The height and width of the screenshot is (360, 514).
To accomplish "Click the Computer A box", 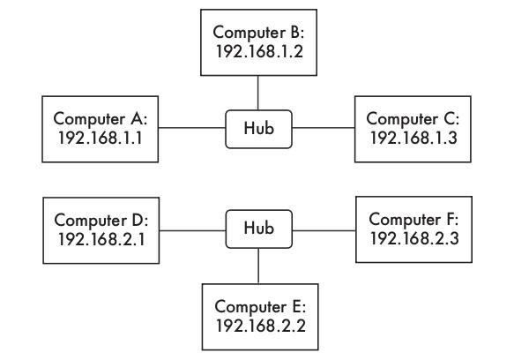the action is (x=101, y=129).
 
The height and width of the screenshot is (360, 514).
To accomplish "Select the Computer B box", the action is (x=258, y=42).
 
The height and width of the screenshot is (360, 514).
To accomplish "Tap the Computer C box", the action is (x=413, y=129).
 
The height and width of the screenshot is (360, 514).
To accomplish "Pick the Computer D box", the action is (x=101, y=230).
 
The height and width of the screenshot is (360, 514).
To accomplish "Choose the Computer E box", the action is (x=260, y=317).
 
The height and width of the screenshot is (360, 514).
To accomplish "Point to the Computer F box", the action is (x=413, y=229).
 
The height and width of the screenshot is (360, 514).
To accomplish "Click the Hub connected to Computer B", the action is (x=258, y=129).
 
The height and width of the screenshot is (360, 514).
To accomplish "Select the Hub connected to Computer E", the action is (x=258, y=229).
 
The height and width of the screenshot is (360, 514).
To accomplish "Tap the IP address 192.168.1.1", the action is (x=101, y=138).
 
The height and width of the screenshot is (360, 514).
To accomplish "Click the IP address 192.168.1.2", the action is (x=259, y=51).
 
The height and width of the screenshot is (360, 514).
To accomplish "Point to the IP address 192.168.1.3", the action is (x=413, y=138).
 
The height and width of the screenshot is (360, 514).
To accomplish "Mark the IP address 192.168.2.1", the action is (x=101, y=239).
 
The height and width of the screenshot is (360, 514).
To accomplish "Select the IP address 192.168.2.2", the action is (x=261, y=326).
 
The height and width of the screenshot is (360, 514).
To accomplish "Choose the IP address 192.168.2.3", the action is (x=414, y=238).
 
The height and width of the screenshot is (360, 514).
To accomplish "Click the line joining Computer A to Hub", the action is (x=192, y=128).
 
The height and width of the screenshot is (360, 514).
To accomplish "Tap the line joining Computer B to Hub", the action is (x=258, y=93).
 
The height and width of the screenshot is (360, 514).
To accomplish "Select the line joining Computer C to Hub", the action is (x=324, y=128).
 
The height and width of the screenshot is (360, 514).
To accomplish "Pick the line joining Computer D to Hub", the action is (x=193, y=230).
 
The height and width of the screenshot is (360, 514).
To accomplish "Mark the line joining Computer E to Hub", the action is (x=258, y=266).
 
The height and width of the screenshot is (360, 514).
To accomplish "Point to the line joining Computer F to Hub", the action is (x=324, y=230).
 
